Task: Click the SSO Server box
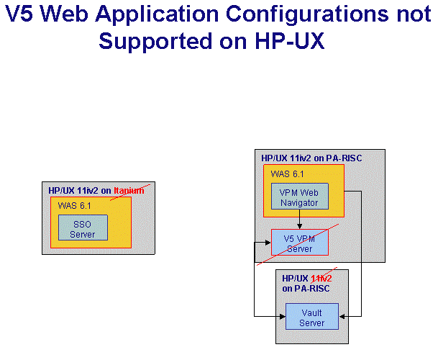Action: coord(83,228)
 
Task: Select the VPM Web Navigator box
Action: coord(300,196)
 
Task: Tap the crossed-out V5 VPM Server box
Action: coord(300,242)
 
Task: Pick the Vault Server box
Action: coord(312,316)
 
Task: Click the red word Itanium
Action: coord(129,191)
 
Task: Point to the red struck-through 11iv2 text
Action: coord(321,279)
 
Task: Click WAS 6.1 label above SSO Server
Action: coord(74,206)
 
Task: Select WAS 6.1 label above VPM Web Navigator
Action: coord(287,174)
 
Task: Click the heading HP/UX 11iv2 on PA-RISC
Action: coord(311,158)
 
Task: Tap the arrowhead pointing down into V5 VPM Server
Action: coord(299,226)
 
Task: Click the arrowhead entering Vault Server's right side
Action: coord(342,316)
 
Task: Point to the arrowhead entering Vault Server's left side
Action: coord(283,316)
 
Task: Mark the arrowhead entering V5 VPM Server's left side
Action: coord(268,243)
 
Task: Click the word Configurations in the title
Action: coord(307,14)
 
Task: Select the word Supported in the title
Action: coord(155,41)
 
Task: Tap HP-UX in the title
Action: coord(289,41)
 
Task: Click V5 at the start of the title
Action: coord(19,14)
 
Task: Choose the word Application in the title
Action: coord(157,14)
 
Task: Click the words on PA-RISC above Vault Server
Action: coord(306,289)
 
